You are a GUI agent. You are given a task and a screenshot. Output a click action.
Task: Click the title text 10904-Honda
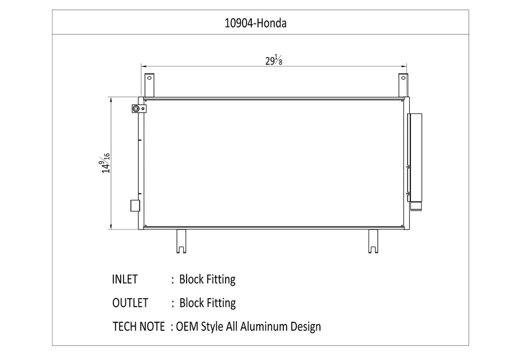[x=256, y=23]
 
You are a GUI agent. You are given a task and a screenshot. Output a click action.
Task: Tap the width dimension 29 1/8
[x=274, y=61]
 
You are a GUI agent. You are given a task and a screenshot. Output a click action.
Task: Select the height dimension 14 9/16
[x=105, y=163]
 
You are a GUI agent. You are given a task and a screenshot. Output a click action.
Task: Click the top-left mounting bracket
[x=149, y=85]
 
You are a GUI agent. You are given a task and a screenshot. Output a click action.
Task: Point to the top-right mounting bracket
[x=403, y=85]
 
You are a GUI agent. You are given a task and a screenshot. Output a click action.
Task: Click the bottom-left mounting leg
[x=181, y=241]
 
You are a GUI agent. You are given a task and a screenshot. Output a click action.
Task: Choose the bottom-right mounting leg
[x=373, y=241]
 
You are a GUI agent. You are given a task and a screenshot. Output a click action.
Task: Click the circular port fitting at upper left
[x=136, y=108]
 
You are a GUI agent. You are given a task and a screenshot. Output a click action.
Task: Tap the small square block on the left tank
[x=135, y=205]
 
